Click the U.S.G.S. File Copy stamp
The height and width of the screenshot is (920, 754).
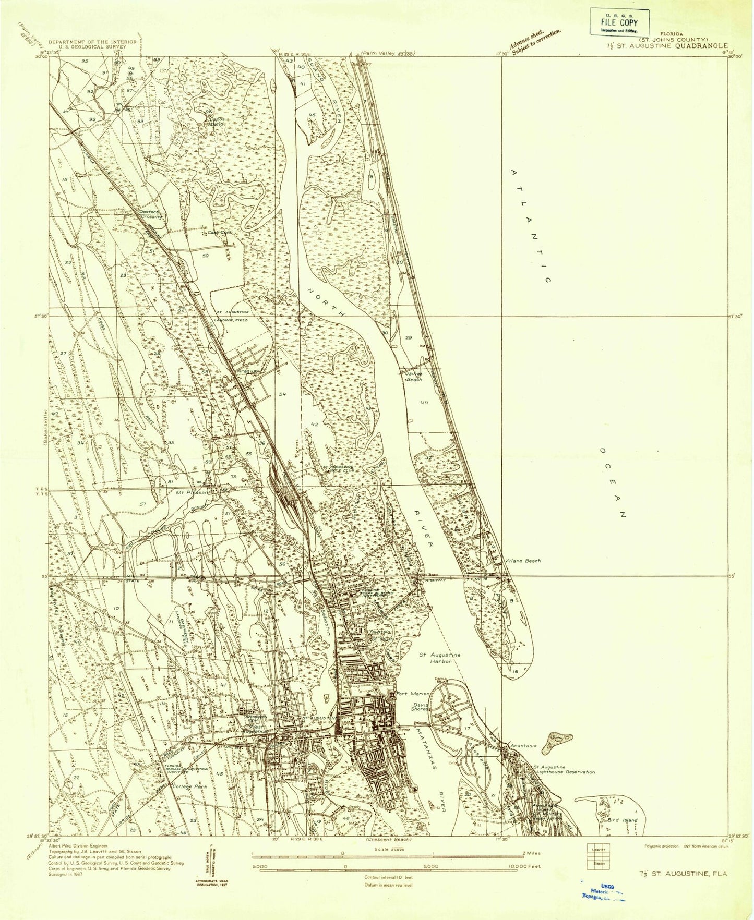(619, 22)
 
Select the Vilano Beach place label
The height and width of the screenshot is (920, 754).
(523, 561)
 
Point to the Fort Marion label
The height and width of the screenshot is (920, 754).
(413, 694)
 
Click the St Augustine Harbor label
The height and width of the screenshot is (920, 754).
(440, 658)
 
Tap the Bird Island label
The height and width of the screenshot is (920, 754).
(623, 820)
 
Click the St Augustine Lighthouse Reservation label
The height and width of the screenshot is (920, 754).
(564, 770)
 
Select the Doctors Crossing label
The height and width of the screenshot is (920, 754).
(151, 214)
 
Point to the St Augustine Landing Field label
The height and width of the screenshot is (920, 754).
(233, 316)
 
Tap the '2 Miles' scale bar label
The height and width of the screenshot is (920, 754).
(531, 853)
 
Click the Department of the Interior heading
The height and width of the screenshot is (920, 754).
(92, 42)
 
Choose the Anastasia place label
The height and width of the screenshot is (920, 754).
(523, 746)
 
